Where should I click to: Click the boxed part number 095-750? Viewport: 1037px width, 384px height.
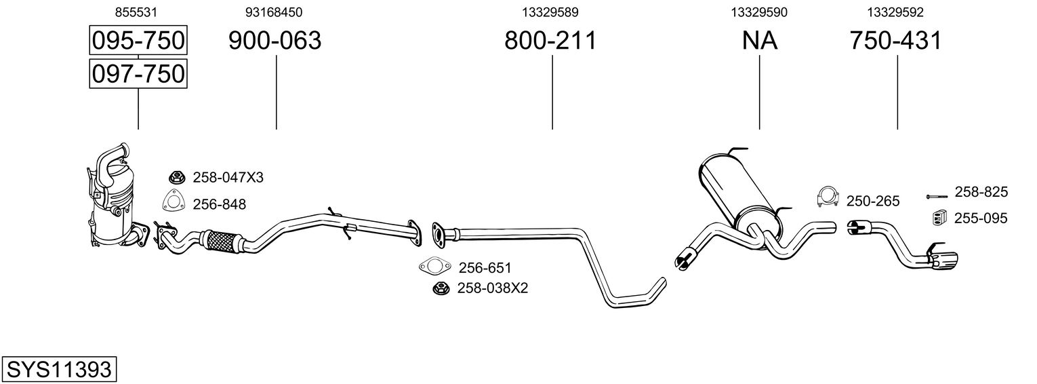(x=138, y=41)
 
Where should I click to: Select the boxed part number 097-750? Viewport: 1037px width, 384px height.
(x=138, y=73)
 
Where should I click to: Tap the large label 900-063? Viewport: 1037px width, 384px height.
(x=274, y=41)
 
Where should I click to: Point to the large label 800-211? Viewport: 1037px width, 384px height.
(x=550, y=41)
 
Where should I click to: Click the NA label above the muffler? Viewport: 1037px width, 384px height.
(x=759, y=41)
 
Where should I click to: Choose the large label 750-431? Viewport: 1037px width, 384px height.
(x=896, y=41)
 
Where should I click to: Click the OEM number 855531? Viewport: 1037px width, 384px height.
(x=138, y=12)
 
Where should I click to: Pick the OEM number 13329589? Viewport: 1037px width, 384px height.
(x=550, y=12)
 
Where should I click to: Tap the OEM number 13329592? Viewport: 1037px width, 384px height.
(x=896, y=12)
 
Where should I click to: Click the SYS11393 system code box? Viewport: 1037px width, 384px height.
(x=58, y=370)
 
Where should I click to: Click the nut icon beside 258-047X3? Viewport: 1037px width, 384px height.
(x=176, y=178)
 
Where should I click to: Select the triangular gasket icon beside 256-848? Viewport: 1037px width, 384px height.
(x=174, y=202)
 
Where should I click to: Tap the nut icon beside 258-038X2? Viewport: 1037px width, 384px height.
(x=441, y=288)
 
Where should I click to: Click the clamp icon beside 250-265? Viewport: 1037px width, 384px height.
(x=827, y=197)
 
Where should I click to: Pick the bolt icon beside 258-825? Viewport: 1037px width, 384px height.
(x=935, y=197)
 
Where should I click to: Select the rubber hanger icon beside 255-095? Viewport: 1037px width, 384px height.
(x=937, y=218)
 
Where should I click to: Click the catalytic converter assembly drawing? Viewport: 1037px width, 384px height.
(x=114, y=200)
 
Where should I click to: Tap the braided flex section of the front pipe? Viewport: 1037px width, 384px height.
(x=221, y=240)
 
